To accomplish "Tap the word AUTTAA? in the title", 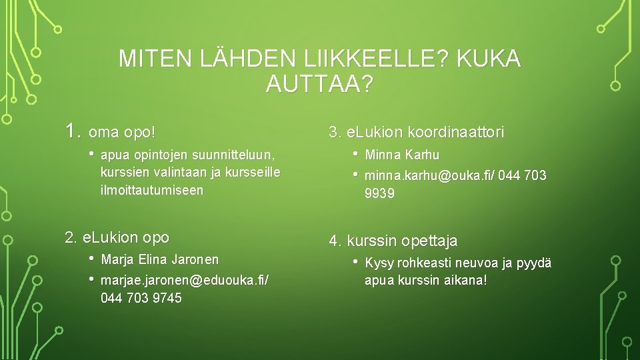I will pos(319,84).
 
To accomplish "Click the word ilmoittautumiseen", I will pos(152,190).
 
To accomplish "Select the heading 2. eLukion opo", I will pos(117,237).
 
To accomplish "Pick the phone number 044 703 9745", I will pos(141,298).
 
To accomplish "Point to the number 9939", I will pos(379,193).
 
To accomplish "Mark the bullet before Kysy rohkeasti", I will pos(355,262).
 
